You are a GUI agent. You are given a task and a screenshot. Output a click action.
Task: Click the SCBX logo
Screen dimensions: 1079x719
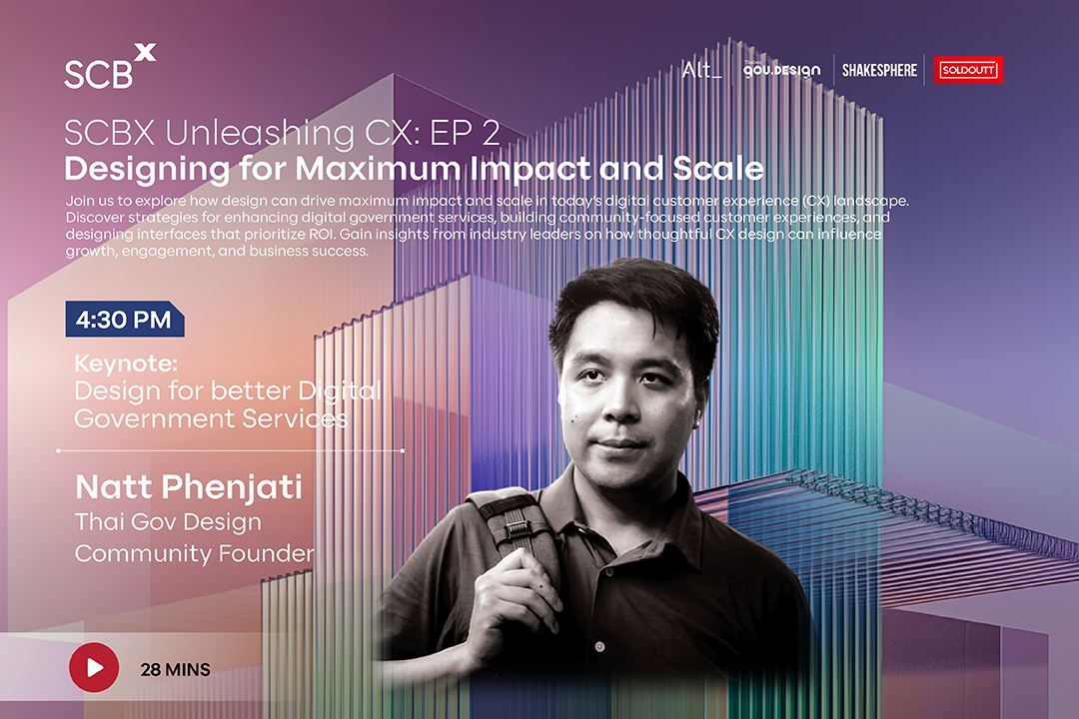[x=110, y=66]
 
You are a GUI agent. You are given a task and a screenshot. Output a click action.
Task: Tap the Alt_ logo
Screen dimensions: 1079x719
[x=702, y=70]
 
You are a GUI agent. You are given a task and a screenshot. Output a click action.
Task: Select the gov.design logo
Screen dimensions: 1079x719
[x=781, y=70]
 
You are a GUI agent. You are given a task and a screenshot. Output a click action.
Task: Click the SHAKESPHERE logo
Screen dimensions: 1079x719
[x=879, y=70]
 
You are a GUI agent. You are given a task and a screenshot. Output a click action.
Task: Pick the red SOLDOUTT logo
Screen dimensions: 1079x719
[x=968, y=70]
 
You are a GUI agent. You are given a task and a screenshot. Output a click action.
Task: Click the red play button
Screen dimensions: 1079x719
[x=94, y=667]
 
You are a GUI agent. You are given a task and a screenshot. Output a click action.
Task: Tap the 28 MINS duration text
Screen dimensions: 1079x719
[x=176, y=669]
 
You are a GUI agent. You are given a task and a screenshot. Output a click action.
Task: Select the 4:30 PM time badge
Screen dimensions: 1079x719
[x=125, y=320]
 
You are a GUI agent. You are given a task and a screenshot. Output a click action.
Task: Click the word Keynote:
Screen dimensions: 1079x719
[x=126, y=363]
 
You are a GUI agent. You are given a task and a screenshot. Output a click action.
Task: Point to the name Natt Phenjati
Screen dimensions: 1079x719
[x=189, y=487]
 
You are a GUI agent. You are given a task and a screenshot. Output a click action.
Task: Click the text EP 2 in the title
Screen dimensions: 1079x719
[x=465, y=133]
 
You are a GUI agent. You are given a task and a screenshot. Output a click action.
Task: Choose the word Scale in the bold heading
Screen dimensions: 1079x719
[x=718, y=169]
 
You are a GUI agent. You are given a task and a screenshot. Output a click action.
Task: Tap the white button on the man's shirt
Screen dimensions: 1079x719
[x=599, y=647]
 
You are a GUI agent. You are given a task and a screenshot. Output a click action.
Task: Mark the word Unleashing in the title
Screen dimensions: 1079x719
[x=260, y=134]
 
